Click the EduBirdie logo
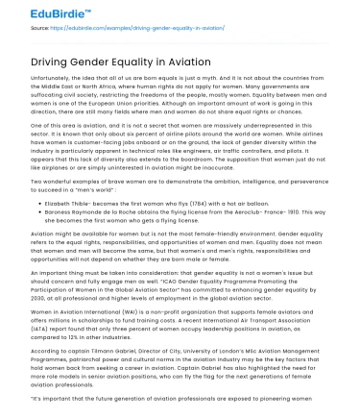pos(37,13)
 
